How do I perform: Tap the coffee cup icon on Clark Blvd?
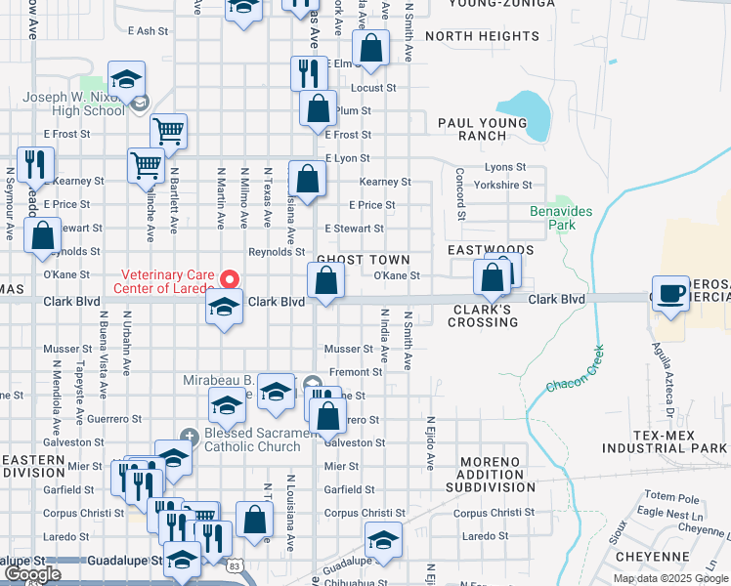point(670,294)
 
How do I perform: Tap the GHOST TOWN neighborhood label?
point(363,260)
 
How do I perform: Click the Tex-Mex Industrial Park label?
point(665,441)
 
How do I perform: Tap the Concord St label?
point(457,194)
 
